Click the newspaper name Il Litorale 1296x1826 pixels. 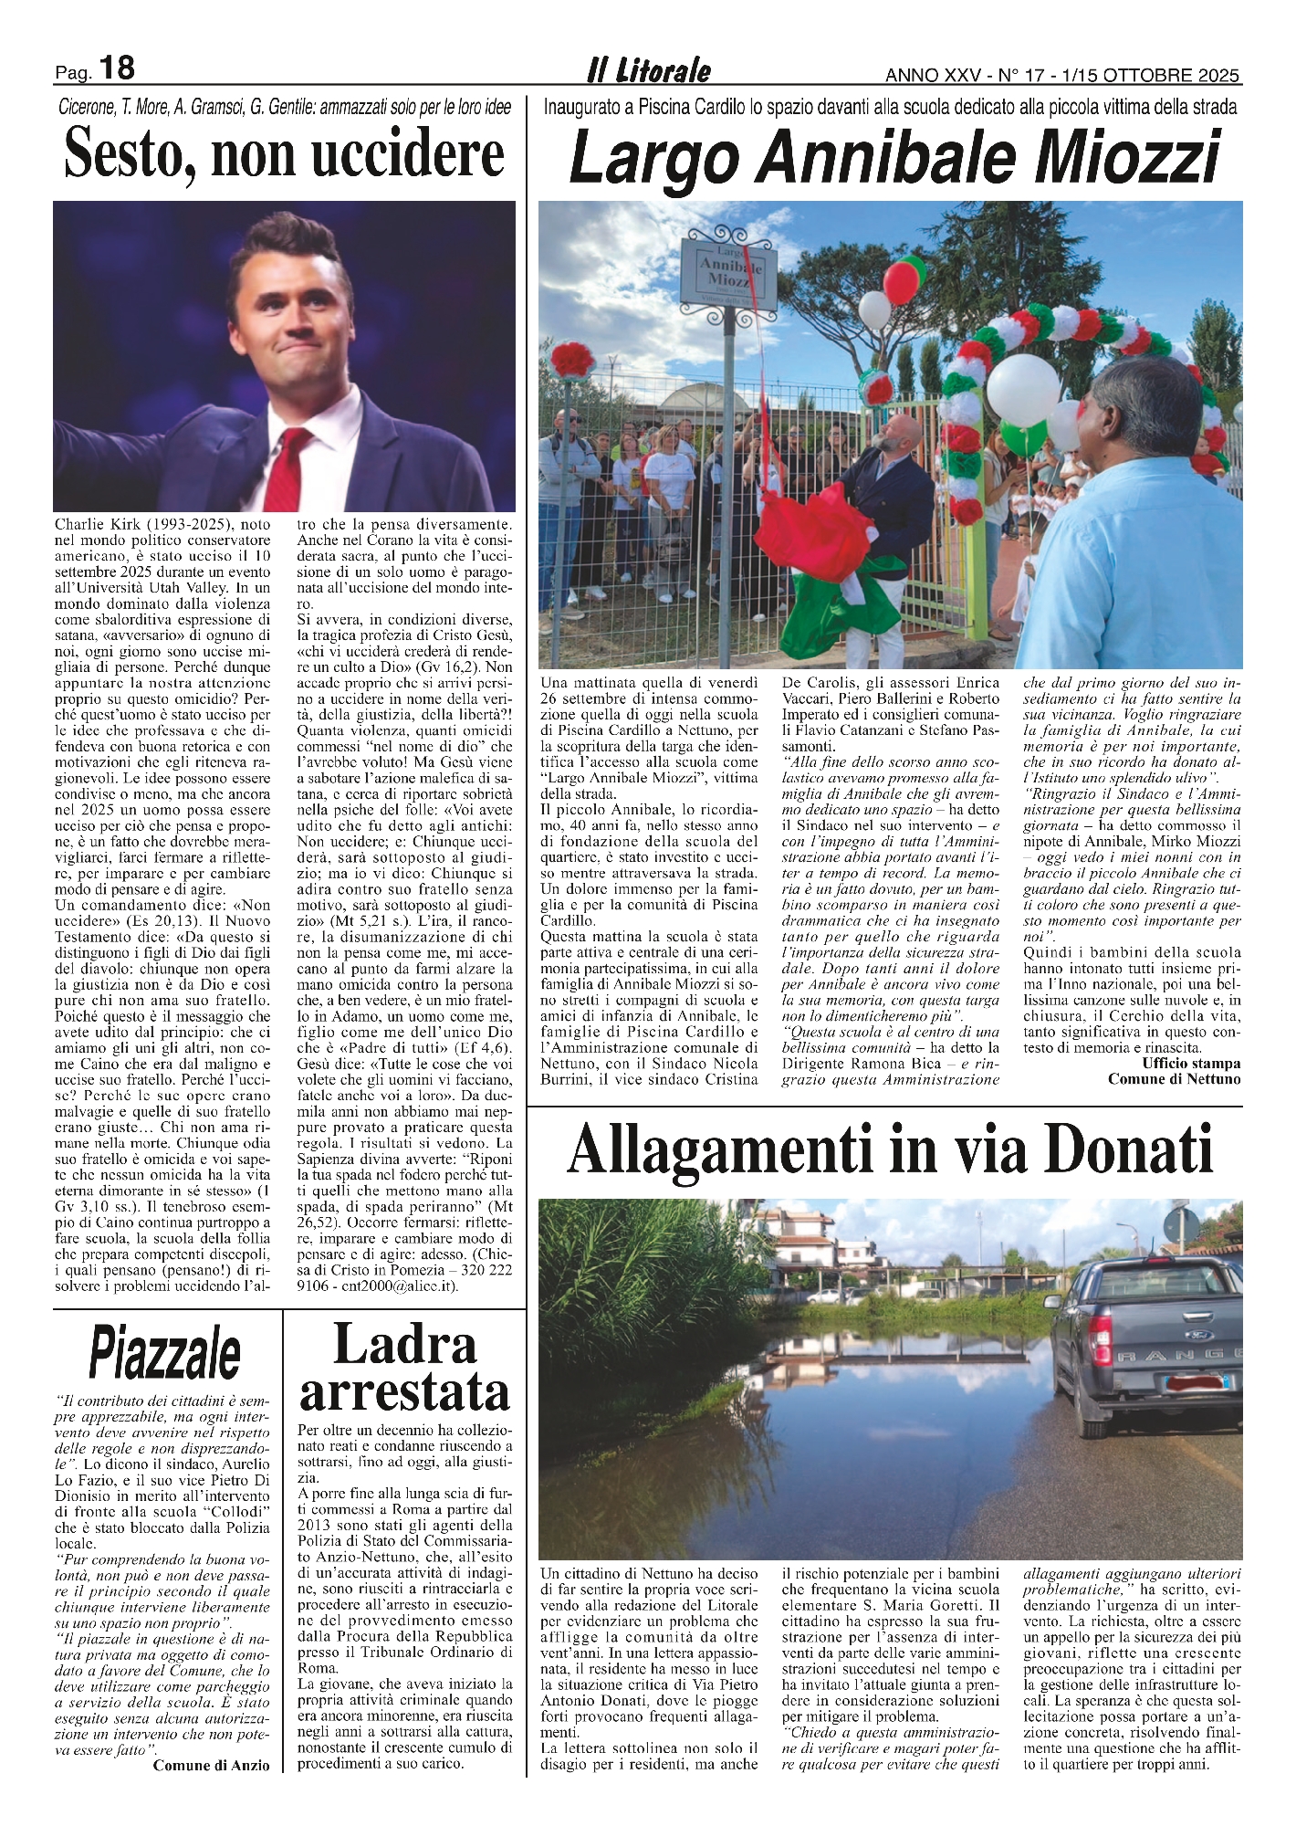(x=648, y=70)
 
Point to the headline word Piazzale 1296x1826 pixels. (x=165, y=1354)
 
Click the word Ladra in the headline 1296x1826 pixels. (x=405, y=1345)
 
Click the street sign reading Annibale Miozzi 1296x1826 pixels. (x=728, y=268)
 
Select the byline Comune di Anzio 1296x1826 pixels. (x=212, y=1766)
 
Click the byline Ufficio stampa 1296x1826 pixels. (x=1191, y=1064)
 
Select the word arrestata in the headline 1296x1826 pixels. (x=404, y=1392)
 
